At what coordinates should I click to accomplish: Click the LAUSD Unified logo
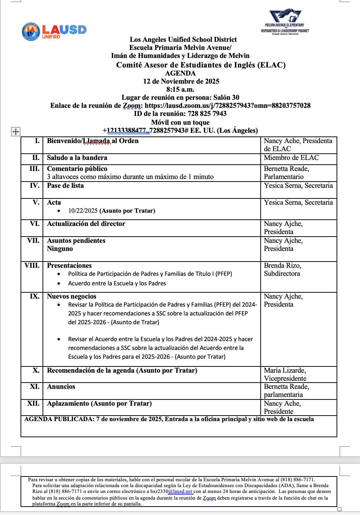(x=54, y=31)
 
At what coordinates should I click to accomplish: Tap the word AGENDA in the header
(x=180, y=73)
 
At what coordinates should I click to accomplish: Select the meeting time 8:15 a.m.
(x=180, y=90)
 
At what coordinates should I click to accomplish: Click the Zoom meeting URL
(x=227, y=106)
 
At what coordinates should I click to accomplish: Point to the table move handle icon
(x=16, y=131)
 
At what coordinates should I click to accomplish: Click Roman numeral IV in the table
(x=34, y=186)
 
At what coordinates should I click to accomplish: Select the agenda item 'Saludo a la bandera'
(x=77, y=158)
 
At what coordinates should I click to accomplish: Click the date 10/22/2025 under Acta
(x=83, y=211)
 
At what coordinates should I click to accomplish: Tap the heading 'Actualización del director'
(x=86, y=224)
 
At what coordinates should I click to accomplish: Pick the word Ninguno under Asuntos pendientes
(x=60, y=249)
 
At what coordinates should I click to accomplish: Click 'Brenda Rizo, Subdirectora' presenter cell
(x=282, y=270)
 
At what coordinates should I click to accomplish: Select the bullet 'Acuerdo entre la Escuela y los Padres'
(x=117, y=284)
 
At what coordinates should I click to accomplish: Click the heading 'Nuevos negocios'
(x=71, y=296)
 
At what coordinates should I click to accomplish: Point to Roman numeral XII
(x=33, y=403)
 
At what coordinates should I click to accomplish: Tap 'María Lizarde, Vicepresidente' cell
(x=285, y=375)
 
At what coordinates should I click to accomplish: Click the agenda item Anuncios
(x=61, y=387)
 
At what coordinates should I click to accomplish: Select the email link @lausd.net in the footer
(x=180, y=492)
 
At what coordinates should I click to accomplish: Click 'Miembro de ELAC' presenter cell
(x=291, y=158)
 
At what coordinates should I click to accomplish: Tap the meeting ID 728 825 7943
(x=207, y=114)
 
